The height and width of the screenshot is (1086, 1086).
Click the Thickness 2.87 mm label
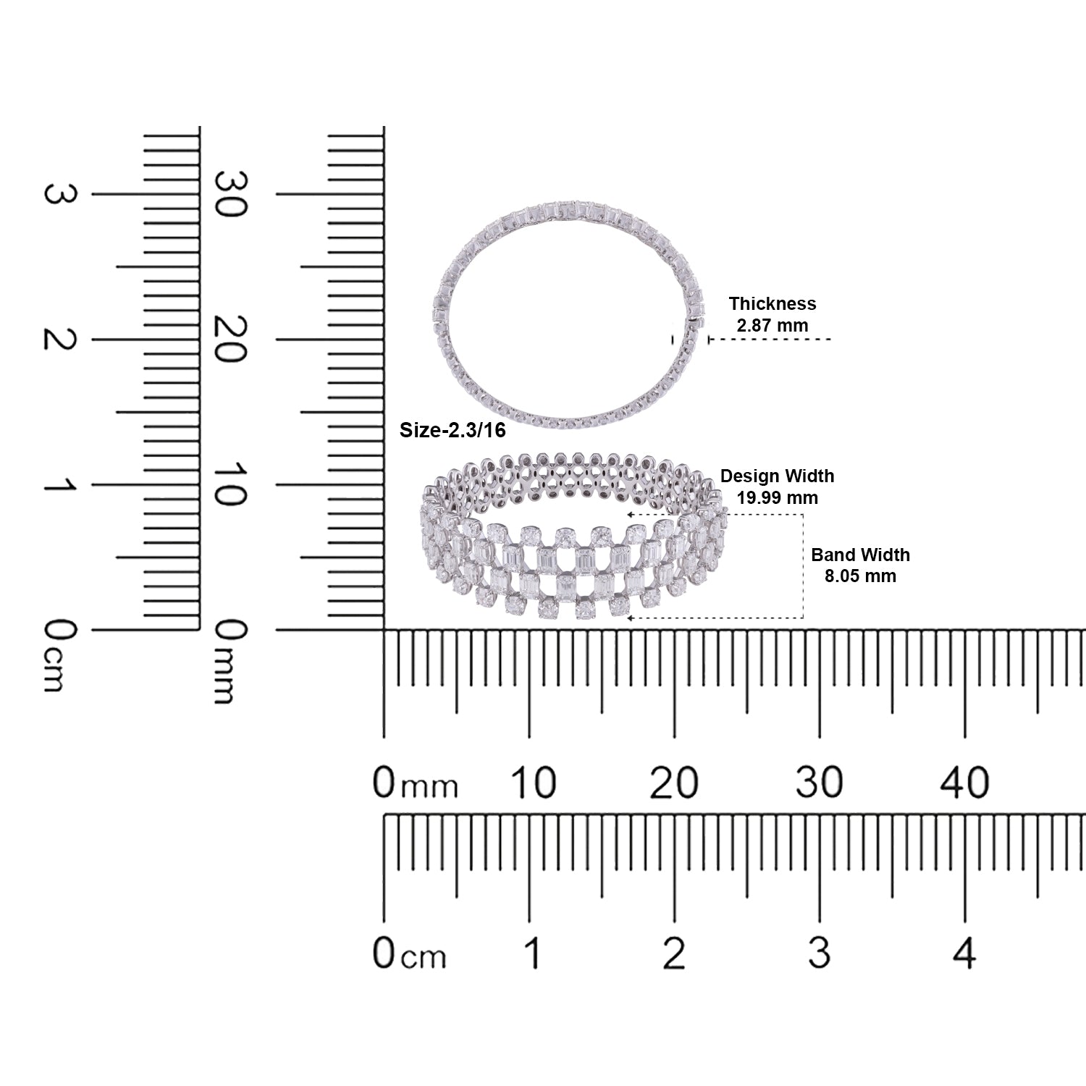pyautogui.click(x=772, y=314)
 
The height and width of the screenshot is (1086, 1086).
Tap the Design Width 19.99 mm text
pyautogui.click(x=777, y=487)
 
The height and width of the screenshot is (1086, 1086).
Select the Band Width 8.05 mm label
pyautogui.click(x=860, y=565)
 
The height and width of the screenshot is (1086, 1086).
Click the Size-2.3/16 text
pyautogui.click(x=452, y=431)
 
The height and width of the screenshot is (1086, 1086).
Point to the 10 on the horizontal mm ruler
pyautogui.click(x=533, y=783)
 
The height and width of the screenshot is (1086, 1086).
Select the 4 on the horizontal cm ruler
pyautogui.click(x=964, y=953)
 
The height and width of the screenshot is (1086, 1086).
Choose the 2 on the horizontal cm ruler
pyautogui.click(x=673, y=953)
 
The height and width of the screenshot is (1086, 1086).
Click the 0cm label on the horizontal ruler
pyautogui.click(x=409, y=954)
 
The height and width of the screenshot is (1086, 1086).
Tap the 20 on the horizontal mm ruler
pyautogui.click(x=673, y=783)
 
